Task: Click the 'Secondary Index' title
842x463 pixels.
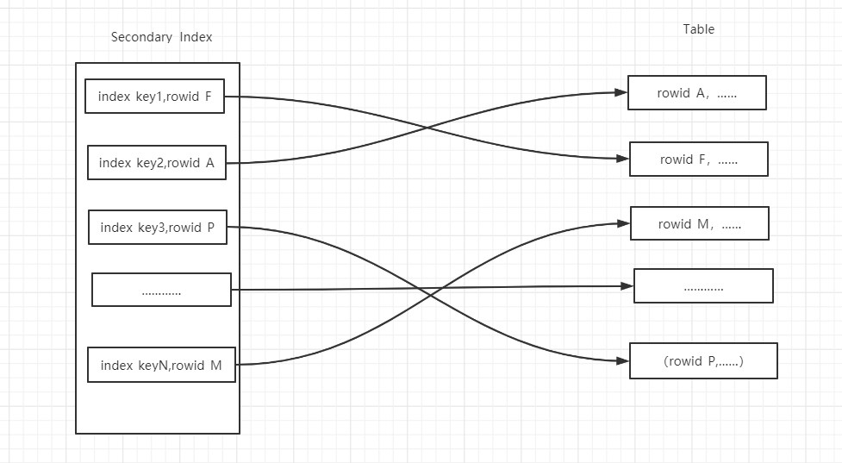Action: tap(161, 37)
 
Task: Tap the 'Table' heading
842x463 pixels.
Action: tap(698, 29)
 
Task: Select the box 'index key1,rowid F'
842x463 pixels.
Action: tap(154, 97)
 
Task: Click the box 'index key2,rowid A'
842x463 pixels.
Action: tap(156, 163)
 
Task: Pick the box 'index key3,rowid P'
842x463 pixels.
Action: tap(157, 228)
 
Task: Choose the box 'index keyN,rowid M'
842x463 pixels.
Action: tap(161, 366)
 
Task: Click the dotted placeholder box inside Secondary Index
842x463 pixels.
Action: tap(161, 291)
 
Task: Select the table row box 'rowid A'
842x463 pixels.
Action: tap(696, 93)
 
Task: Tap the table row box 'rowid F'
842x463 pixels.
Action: tap(698, 160)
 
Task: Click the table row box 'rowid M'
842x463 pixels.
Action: tap(699, 224)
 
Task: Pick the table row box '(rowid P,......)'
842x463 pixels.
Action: tap(703, 361)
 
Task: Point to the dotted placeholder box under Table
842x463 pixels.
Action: tap(703, 286)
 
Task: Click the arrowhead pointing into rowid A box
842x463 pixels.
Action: tap(621, 92)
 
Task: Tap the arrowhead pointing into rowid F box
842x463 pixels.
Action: tap(622, 159)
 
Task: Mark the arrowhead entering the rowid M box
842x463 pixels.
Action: tap(623, 223)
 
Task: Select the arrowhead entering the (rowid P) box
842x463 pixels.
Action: tap(622, 360)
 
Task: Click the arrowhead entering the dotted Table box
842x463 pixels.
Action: tap(627, 285)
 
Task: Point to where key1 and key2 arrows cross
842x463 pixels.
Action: tap(427, 129)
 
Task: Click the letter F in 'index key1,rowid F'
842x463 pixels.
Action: tap(208, 97)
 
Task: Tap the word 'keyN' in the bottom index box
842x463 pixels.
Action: tap(152, 366)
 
